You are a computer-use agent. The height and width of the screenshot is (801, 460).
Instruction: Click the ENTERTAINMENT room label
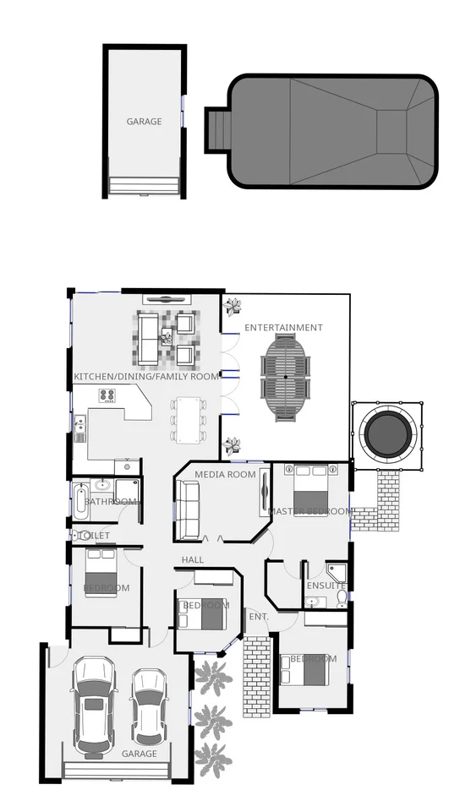click(x=283, y=328)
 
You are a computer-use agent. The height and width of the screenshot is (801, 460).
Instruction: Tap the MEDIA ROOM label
click(x=225, y=475)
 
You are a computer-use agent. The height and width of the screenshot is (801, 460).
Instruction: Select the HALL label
click(x=193, y=560)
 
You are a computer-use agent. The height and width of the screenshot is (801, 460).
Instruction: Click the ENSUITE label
click(x=326, y=586)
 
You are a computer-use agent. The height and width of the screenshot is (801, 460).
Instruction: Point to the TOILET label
click(x=94, y=536)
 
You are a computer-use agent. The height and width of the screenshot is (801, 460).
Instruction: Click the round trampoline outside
click(x=390, y=433)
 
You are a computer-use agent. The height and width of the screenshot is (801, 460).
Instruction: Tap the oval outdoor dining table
click(x=286, y=375)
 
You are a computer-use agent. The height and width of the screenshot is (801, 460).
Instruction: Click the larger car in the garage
click(x=93, y=706)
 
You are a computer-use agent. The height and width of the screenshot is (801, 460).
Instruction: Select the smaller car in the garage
click(x=149, y=706)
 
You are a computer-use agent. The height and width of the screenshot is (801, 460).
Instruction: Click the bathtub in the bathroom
click(x=80, y=501)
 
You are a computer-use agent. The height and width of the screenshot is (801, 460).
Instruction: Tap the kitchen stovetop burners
click(x=107, y=395)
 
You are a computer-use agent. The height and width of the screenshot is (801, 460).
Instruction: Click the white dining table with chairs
click(x=188, y=419)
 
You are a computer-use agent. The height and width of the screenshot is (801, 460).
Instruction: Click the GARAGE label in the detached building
click(x=144, y=122)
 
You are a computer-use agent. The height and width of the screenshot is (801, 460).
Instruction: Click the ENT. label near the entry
click(x=259, y=617)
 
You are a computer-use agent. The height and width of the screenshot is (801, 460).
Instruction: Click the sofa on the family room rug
click(x=147, y=336)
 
